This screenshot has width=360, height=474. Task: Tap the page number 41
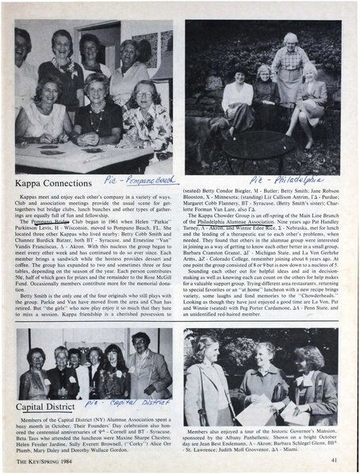coord(335,459)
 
